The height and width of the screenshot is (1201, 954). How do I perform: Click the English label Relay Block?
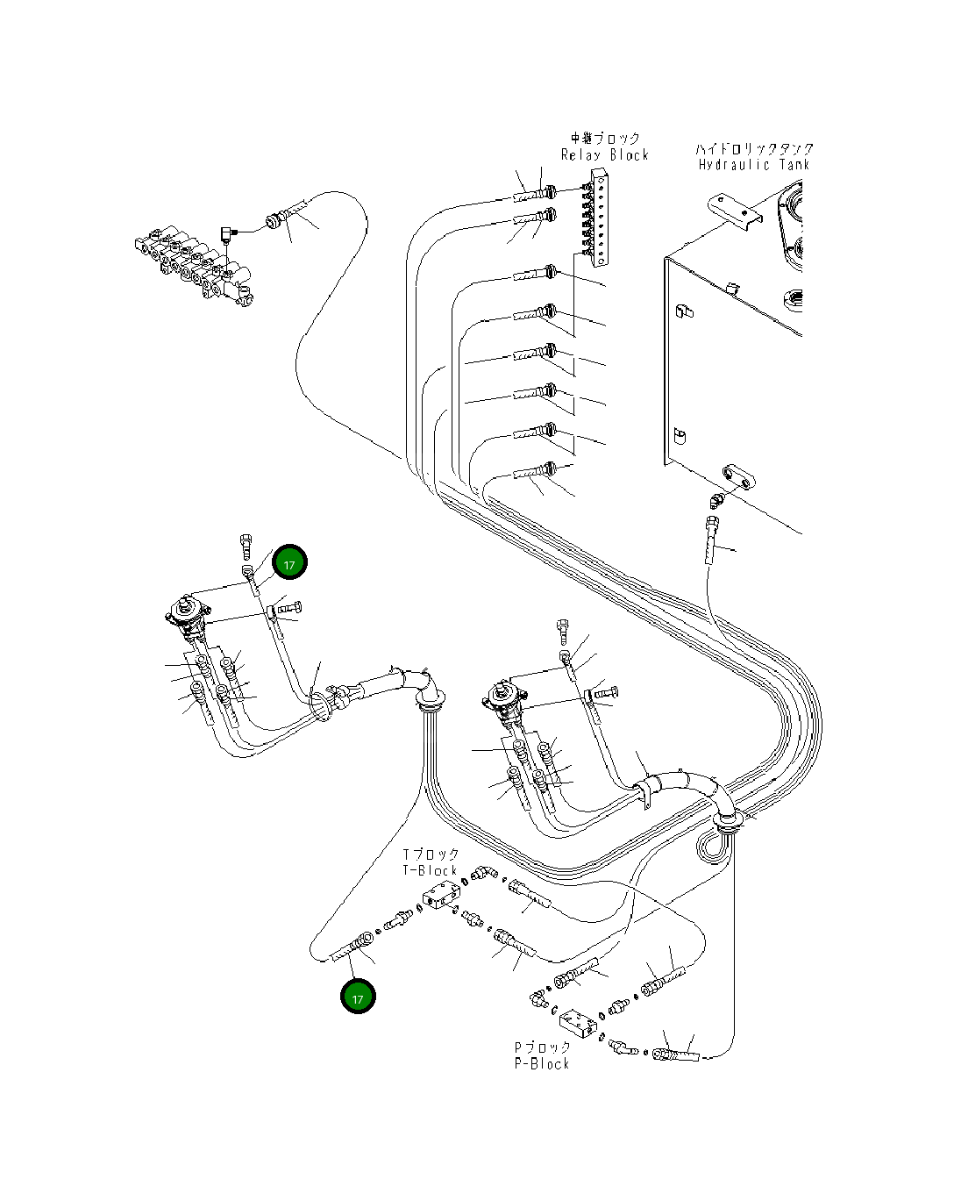(604, 155)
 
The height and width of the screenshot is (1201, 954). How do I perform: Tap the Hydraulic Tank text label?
(754, 165)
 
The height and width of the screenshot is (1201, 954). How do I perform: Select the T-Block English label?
(431, 870)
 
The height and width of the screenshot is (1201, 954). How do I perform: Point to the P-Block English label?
(542, 1063)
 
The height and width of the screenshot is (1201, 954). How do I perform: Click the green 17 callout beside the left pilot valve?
(289, 563)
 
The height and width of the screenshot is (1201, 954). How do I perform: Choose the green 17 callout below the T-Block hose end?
(358, 997)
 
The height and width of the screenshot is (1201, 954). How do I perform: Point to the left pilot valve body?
(188, 613)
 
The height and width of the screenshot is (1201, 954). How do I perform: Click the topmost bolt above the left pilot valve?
(246, 546)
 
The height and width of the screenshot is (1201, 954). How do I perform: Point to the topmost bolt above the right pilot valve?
(564, 630)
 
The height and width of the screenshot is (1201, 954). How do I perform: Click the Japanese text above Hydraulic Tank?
(754, 149)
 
